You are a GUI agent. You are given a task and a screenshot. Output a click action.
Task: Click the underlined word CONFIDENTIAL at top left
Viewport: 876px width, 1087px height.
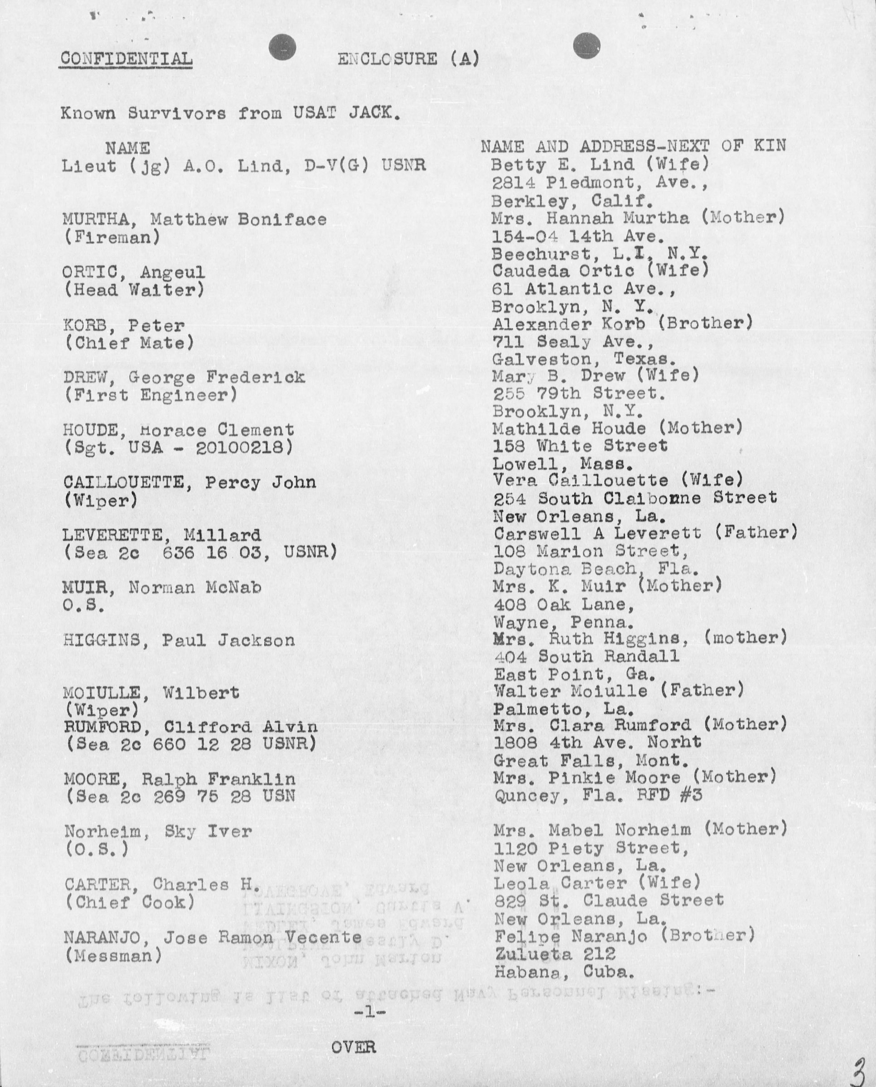tap(126, 59)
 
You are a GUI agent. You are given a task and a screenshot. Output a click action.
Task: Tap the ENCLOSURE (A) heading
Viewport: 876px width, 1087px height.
tap(408, 59)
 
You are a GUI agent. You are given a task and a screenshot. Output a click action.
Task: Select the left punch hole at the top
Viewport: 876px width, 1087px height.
tap(282, 47)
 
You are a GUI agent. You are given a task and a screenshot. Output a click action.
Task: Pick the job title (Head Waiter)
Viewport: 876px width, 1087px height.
tap(134, 290)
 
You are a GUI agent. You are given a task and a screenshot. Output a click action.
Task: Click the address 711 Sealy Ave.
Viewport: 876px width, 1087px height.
tap(573, 343)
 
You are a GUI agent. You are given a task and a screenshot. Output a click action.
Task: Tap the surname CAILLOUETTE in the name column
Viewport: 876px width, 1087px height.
tap(124, 482)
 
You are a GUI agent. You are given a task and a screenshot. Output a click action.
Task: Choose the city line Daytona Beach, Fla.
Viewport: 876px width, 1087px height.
tap(595, 569)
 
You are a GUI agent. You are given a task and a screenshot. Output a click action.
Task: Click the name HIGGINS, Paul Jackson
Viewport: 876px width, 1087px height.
tap(179, 640)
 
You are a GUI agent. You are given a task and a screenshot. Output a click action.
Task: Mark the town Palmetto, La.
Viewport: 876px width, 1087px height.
tap(563, 709)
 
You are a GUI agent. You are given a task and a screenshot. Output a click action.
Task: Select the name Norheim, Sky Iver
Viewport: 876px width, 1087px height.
tap(158, 832)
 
